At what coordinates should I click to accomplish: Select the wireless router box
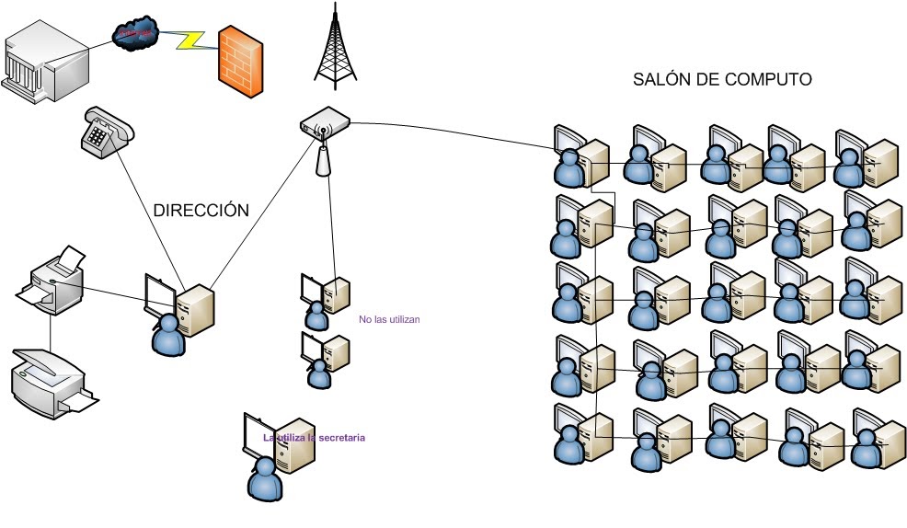click(x=325, y=122)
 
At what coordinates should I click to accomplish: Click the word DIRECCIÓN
click(x=201, y=210)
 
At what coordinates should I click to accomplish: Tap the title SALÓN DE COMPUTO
click(x=722, y=80)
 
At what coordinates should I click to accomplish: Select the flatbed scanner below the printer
click(x=52, y=379)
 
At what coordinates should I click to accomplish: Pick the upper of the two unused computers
click(x=325, y=296)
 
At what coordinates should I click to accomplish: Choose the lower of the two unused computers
click(x=325, y=355)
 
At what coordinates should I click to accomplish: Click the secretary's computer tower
click(x=293, y=445)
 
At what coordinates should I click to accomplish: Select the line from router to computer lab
click(x=451, y=134)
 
